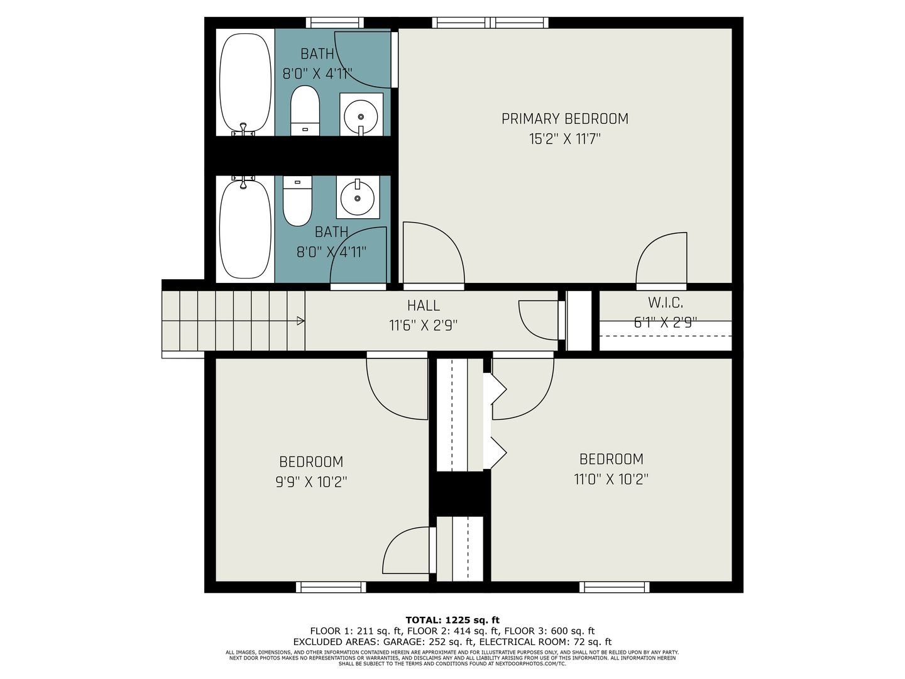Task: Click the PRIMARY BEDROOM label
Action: (564, 119)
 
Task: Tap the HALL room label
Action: (423, 306)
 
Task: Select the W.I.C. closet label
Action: (665, 302)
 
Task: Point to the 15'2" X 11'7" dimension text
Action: (564, 139)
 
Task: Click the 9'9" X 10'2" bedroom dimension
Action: (311, 482)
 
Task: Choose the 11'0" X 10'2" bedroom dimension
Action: (611, 479)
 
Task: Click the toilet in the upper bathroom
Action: (305, 111)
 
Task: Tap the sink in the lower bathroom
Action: (358, 197)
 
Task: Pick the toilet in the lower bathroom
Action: (297, 201)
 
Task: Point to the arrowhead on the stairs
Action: (301, 321)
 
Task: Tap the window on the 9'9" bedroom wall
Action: (331, 587)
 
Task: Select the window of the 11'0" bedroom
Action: (614, 587)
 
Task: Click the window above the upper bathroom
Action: (335, 23)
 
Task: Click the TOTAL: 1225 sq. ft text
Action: (452, 620)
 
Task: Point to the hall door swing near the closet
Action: (539, 321)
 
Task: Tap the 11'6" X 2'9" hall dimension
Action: (424, 326)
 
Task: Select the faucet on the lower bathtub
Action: (243, 182)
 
